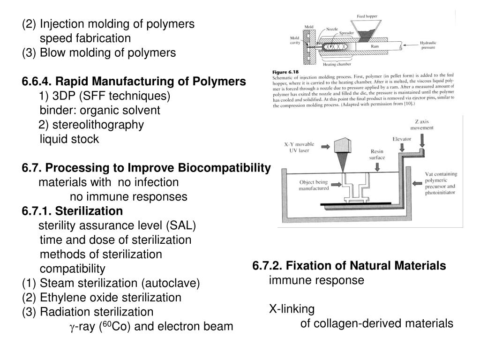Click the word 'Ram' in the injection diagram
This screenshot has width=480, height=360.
375,46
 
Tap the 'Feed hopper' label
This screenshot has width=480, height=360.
366,16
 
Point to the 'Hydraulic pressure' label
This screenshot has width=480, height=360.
428,45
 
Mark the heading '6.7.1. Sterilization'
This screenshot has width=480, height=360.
72,211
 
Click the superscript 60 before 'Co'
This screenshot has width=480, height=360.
107,323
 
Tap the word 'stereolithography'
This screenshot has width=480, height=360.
98,125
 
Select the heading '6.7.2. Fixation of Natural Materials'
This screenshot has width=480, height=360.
349,266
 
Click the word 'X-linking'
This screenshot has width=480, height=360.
292,309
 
